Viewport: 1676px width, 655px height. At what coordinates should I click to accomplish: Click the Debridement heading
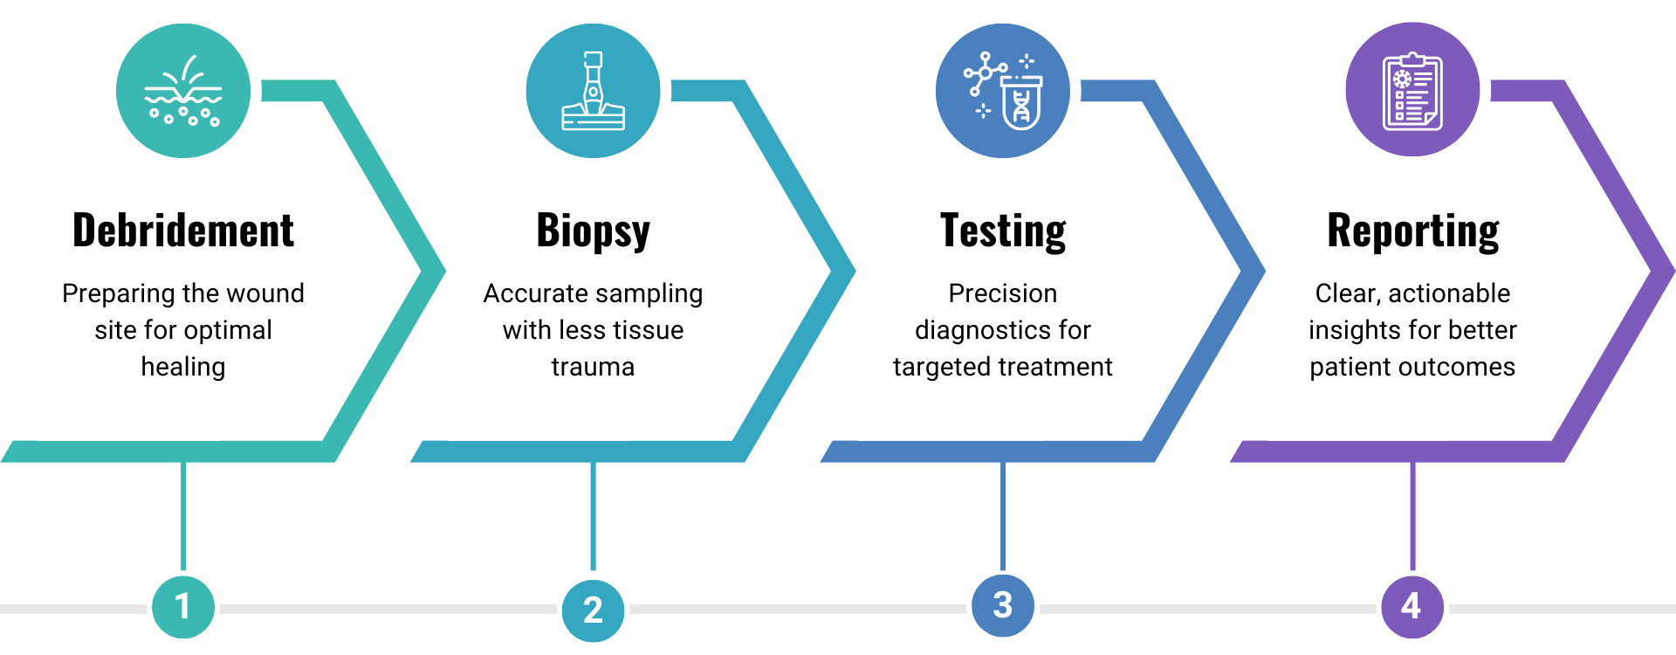pyautogui.click(x=183, y=231)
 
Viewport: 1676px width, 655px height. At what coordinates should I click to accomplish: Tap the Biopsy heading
pyautogui.click(x=593, y=232)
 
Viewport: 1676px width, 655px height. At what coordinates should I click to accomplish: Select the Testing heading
pyautogui.click(x=1003, y=232)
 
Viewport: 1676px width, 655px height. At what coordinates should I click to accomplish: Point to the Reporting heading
pyautogui.click(x=1412, y=232)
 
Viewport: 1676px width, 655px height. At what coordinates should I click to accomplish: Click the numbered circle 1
pyautogui.click(x=182, y=606)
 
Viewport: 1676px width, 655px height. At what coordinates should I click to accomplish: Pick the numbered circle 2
pyautogui.click(x=593, y=610)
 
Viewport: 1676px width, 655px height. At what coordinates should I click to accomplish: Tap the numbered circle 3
pyautogui.click(x=1003, y=605)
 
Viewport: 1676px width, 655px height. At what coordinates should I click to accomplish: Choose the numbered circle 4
pyautogui.click(x=1412, y=606)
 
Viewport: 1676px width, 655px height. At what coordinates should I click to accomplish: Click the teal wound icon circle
pyautogui.click(x=183, y=91)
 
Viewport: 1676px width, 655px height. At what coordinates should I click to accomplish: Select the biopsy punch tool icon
pyautogui.click(x=594, y=91)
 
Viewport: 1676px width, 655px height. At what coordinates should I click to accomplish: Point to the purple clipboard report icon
pyautogui.click(x=1412, y=90)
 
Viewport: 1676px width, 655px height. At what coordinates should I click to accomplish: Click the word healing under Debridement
pyautogui.click(x=183, y=367)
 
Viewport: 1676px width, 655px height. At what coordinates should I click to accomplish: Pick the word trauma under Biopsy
pyautogui.click(x=593, y=367)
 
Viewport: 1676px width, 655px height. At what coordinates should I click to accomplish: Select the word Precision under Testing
pyautogui.click(x=1003, y=293)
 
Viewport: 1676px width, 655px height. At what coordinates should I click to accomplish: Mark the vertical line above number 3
pyautogui.click(x=1003, y=515)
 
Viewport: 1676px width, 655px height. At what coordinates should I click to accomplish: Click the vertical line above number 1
pyautogui.click(x=183, y=515)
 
